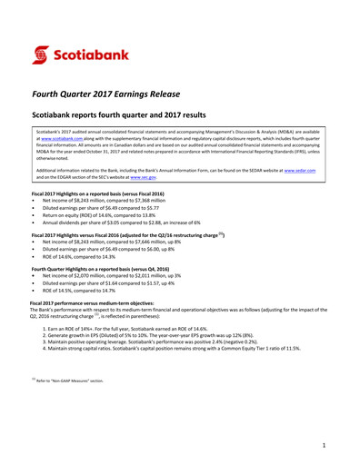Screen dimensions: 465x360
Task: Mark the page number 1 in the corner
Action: (x=324, y=446)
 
